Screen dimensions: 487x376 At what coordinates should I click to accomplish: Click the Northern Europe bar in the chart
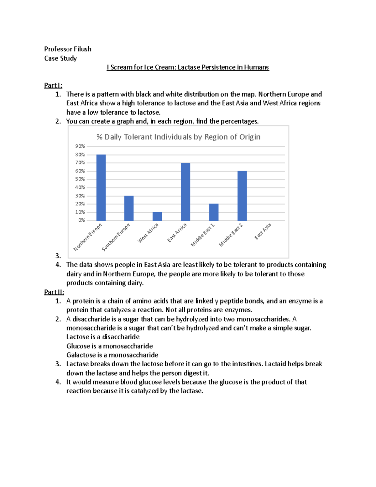101,188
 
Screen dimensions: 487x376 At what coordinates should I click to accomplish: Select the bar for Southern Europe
129,208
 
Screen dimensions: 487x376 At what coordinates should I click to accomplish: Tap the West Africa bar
157,216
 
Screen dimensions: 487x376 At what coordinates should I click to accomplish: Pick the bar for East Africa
185,192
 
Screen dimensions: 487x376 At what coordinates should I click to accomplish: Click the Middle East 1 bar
214,212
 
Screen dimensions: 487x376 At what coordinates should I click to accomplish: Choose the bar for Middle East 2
242,196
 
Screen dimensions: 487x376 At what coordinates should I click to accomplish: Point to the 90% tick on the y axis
80,146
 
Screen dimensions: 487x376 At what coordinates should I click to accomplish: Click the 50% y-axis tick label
80,179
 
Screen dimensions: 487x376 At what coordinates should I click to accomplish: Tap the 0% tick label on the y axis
81,220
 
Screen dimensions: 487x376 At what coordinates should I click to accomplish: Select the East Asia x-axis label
263,231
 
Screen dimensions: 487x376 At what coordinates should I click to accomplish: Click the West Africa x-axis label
148,233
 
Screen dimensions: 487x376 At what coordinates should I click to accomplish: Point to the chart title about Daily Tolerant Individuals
178,137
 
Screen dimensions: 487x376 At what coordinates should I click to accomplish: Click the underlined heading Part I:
53,85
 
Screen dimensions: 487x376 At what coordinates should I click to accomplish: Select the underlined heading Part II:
54,292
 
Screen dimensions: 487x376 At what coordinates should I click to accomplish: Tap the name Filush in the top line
82,49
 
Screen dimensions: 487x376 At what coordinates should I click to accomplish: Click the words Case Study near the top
60,58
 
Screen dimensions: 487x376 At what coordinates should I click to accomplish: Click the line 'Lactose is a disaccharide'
103,337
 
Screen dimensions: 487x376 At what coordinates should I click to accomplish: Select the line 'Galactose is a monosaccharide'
112,355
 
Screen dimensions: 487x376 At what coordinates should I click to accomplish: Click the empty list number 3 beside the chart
58,256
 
